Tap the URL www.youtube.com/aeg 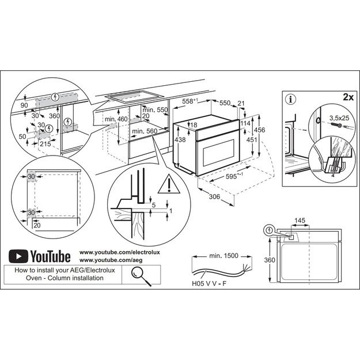tap(102, 261)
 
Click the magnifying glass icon tap(138, 274)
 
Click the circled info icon tap(291, 98)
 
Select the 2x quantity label tap(347, 97)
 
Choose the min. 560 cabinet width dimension tap(143, 131)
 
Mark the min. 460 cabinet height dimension tap(116, 119)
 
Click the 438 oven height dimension tap(181, 140)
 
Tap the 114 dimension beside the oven tap(244, 124)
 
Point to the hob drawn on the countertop tap(134, 98)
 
